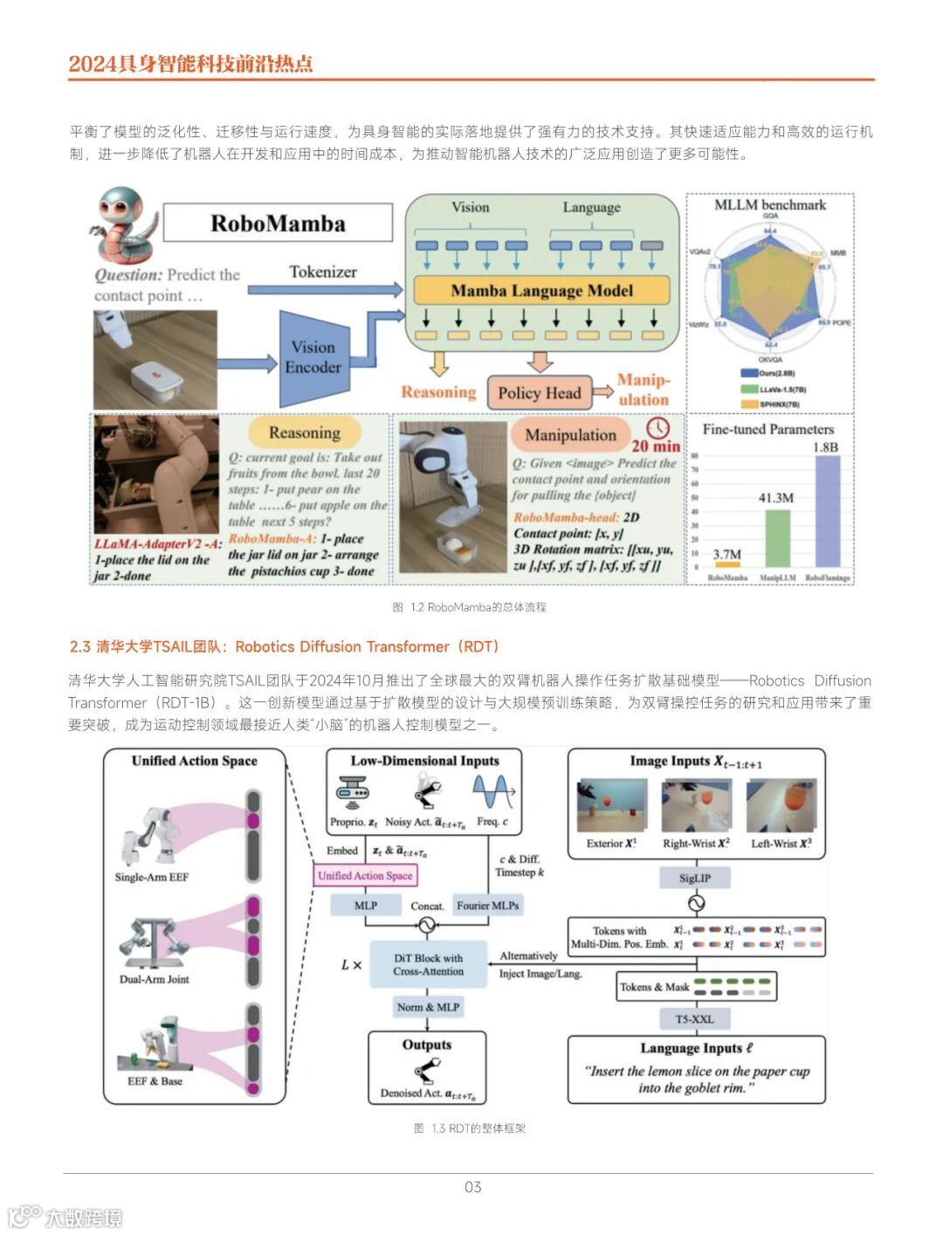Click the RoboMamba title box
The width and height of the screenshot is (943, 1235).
[x=278, y=224]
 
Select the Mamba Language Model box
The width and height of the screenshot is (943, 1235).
[x=541, y=290]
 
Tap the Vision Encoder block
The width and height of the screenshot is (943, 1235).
[x=313, y=356]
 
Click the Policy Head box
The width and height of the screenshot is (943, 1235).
[x=539, y=393]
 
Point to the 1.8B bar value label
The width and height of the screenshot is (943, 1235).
[x=825, y=447]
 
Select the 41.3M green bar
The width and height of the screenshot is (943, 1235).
[x=777, y=537]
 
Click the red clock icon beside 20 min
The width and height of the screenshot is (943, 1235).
[x=657, y=427]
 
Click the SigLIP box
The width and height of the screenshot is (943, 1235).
[x=695, y=878]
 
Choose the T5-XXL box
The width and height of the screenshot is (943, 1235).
[x=695, y=1018]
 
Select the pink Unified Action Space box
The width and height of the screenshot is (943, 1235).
[x=365, y=875]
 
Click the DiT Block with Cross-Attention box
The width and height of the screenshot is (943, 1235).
[x=428, y=964]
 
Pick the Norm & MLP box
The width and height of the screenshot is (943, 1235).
[x=428, y=1007]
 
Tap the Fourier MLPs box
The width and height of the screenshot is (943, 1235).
[x=487, y=906]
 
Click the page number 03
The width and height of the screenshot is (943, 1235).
[x=472, y=1186]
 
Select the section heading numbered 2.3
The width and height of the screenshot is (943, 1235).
[x=285, y=646]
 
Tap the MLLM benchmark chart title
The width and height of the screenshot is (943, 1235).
[x=769, y=204]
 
